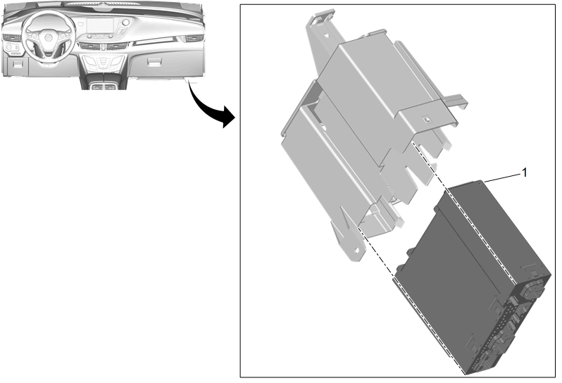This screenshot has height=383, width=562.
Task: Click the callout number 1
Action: (525, 172)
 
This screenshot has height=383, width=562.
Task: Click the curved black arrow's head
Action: (228, 117)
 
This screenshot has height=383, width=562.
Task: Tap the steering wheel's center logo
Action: (47, 37)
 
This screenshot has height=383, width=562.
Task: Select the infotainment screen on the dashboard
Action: (100, 26)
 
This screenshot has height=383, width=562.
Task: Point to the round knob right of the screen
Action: (125, 23)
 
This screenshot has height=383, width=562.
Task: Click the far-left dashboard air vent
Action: (12, 37)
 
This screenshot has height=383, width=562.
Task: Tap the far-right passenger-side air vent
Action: (194, 37)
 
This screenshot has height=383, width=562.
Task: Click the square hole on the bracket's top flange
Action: (427, 119)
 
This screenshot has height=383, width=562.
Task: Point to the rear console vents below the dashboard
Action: (104, 87)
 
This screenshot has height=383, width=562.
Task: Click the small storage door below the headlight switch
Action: (18, 63)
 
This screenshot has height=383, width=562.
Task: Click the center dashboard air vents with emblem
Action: (103, 46)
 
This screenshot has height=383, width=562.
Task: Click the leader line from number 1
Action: (503, 177)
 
